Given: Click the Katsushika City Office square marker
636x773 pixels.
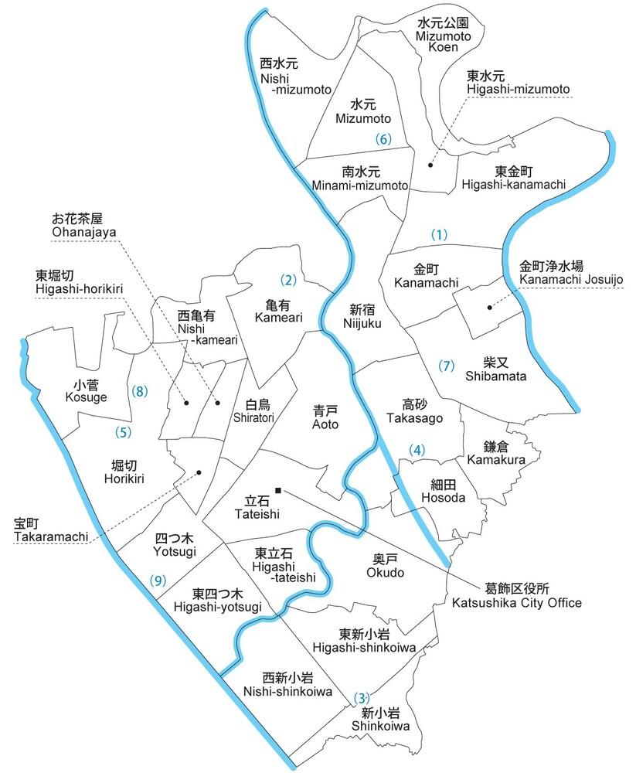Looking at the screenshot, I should coord(279,489).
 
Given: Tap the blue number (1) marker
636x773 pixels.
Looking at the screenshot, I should coord(439,234).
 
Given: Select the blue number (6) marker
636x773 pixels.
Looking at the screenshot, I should coord(383,140).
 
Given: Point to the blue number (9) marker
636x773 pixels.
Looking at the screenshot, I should coord(158,581).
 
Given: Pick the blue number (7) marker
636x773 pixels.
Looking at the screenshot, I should coord(446,366).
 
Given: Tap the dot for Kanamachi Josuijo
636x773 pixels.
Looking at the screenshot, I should coord(490,308).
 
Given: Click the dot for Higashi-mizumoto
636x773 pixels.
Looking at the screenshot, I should coord(431,165).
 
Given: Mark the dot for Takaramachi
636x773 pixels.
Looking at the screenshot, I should coord(200,472).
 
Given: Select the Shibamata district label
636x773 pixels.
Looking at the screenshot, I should coord(495,369).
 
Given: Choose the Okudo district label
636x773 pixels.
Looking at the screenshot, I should coord(385,567).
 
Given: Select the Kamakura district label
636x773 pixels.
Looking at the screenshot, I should coord(496,453).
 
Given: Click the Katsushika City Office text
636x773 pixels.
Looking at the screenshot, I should coord(516,596).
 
